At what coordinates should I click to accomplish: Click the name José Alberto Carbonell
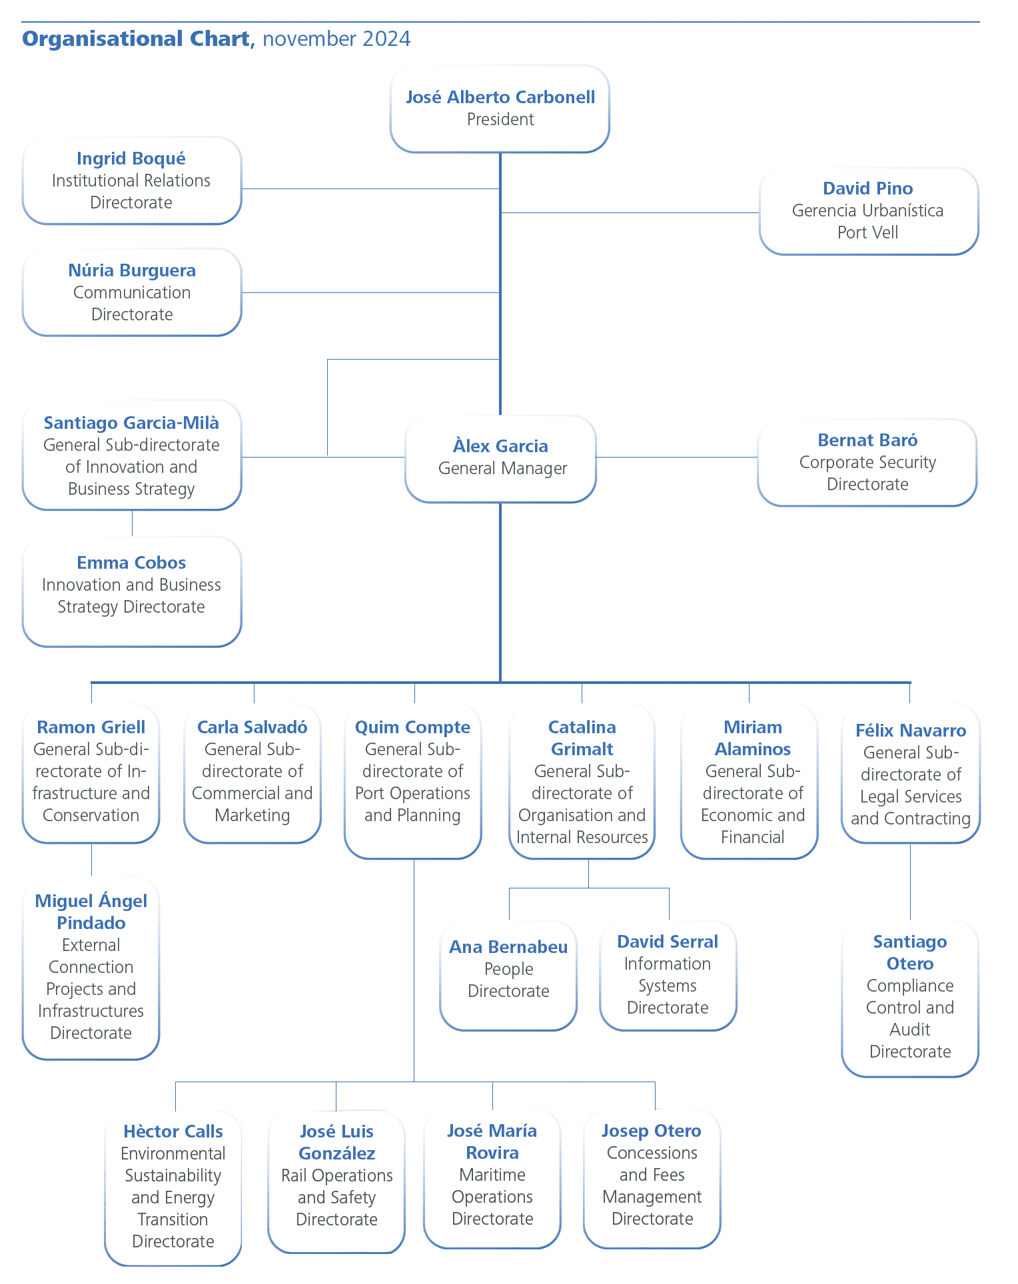point(500,97)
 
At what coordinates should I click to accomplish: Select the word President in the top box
point(500,120)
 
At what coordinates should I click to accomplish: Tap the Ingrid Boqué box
point(132,180)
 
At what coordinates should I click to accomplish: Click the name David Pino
point(867,188)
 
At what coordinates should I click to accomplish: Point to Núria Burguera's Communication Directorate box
point(132,292)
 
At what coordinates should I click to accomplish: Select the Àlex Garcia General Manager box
point(500,458)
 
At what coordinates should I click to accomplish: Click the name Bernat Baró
point(867,440)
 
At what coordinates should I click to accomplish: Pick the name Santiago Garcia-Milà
point(131,423)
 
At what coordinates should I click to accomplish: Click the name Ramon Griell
point(91,727)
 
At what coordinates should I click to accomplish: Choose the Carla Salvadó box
point(253,773)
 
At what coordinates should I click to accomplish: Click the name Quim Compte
point(412,727)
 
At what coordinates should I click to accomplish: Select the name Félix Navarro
point(911,731)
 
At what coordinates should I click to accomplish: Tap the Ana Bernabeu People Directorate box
point(508,975)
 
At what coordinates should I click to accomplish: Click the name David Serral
point(668,942)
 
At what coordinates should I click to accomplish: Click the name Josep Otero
point(652,1131)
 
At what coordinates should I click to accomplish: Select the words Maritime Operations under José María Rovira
point(492,1185)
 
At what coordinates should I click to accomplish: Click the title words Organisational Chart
point(136,39)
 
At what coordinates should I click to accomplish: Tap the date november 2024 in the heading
point(336,39)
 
